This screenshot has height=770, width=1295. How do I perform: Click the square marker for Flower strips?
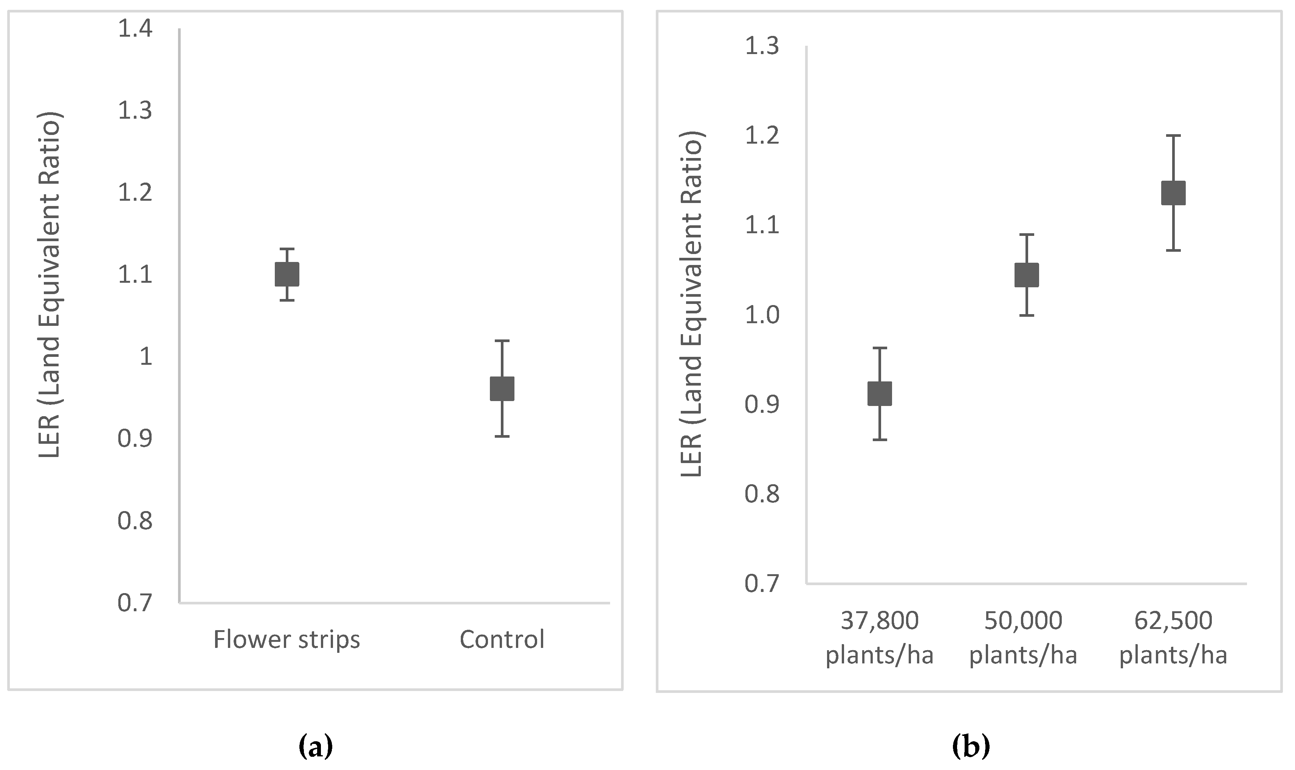coord(287,274)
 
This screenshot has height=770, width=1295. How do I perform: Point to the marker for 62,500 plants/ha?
coord(1173,193)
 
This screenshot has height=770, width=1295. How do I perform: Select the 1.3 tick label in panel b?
coord(762,46)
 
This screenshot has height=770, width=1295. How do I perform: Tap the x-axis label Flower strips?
coord(287,639)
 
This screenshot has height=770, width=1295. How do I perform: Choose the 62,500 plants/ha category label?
coord(1173,638)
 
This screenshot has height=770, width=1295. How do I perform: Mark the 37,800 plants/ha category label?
coord(880,638)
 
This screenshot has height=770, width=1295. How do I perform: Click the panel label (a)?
coord(316,747)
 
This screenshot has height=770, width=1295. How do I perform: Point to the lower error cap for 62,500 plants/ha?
coord(1173,250)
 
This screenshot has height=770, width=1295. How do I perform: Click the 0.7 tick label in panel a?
coord(135,603)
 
